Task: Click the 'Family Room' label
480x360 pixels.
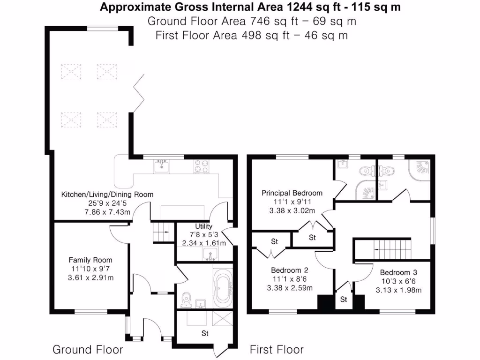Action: [90, 260]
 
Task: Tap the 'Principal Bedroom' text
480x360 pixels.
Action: [292, 193]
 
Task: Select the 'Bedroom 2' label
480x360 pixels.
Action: [289, 270]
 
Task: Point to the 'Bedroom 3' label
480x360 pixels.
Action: [398, 272]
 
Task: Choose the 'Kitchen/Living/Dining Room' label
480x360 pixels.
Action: [107, 194]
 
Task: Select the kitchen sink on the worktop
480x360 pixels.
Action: [163, 165]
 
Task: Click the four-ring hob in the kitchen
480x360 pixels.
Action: [202, 166]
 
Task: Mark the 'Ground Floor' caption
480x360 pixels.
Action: [88, 350]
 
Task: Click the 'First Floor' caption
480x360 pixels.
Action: [277, 350]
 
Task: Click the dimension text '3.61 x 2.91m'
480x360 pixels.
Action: [90, 277]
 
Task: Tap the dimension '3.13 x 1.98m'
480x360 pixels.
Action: [398, 290]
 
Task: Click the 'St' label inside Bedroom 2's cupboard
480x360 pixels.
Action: [274, 242]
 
